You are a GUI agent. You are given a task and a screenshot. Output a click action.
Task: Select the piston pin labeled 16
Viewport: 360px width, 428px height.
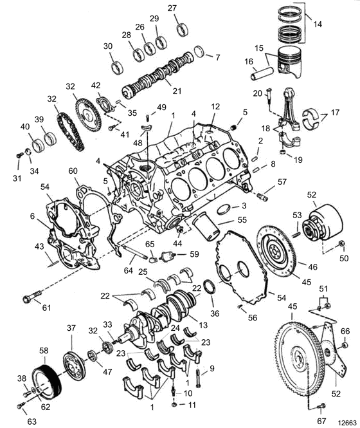[x=262, y=73]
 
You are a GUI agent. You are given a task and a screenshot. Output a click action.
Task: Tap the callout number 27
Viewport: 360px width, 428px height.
[x=172, y=8]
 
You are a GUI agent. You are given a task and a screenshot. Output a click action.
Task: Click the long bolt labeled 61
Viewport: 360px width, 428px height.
[x=32, y=297]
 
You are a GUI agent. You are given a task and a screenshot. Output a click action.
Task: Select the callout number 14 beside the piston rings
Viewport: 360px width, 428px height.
[x=317, y=24]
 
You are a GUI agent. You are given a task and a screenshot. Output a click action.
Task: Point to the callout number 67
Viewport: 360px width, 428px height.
[x=322, y=421]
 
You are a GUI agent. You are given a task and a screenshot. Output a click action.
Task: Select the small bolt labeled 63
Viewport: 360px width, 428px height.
[x=21, y=406]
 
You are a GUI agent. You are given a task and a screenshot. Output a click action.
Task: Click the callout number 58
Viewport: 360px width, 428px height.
[x=44, y=351]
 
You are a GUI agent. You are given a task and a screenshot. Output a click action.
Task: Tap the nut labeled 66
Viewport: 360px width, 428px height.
[x=345, y=345]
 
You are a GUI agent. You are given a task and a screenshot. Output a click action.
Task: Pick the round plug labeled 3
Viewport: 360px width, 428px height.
[x=224, y=210]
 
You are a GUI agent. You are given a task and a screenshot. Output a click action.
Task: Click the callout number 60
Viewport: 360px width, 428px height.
[x=73, y=171]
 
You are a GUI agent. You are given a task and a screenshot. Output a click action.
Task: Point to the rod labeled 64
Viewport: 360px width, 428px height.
[x=135, y=252]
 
